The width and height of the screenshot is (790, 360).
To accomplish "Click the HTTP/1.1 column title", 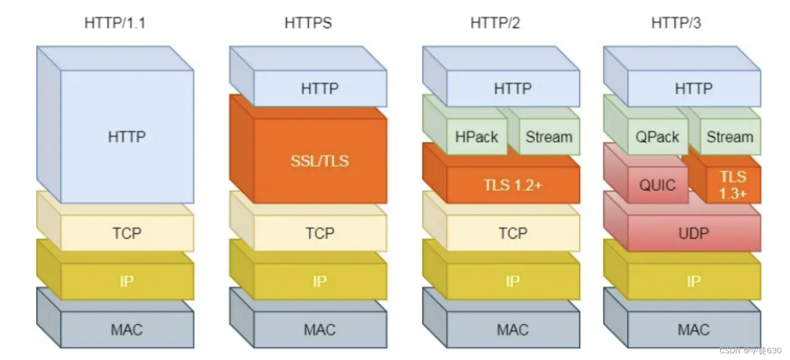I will pyautogui.click(x=115, y=23).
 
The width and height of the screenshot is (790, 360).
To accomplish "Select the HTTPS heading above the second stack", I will pyautogui.click(x=308, y=23).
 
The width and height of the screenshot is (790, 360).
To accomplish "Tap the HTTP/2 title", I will pyautogui.click(x=495, y=23).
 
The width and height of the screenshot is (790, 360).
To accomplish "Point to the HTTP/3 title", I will pyautogui.click(x=676, y=23).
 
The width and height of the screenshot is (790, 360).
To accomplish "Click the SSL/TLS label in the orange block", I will pyautogui.click(x=320, y=161).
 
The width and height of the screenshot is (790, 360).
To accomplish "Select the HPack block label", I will pyautogui.click(x=476, y=137).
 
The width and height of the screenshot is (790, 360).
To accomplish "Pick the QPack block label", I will pyautogui.click(x=658, y=137).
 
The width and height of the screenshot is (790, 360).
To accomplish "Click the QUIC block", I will pyautogui.click(x=658, y=185).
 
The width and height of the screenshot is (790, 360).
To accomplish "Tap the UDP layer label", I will pyautogui.click(x=694, y=233).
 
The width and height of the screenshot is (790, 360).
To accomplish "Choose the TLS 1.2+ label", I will pyautogui.click(x=512, y=185).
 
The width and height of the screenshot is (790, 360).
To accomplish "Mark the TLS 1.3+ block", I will pyautogui.click(x=733, y=185).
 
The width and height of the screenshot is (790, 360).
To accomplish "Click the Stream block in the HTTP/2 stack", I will pyautogui.click(x=549, y=137).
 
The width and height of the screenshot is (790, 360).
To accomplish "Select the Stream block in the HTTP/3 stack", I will pyautogui.click(x=730, y=137).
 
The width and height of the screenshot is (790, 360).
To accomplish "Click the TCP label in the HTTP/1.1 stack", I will pyautogui.click(x=127, y=233).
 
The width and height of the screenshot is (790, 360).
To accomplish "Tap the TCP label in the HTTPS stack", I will pyautogui.click(x=320, y=233).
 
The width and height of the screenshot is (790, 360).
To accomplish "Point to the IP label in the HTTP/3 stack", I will pyautogui.click(x=694, y=281).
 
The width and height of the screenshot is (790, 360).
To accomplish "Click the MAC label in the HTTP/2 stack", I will pyautogui.click(x=512, y=329).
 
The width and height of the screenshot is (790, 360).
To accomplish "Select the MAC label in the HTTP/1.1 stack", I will pyautogui.click(x=127, y=329).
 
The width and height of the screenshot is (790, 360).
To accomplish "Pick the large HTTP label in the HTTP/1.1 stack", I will pyautogui.click(x=127, y=137).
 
